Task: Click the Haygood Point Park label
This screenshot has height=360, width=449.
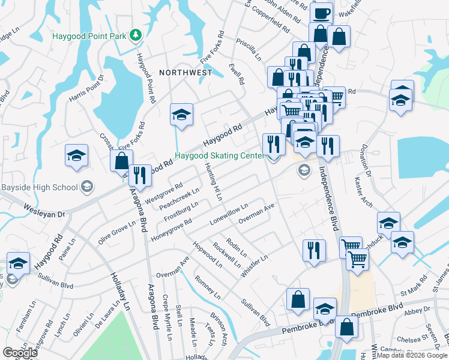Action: [x=88, y=36]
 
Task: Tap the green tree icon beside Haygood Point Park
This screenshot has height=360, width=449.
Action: [x=136, y=36]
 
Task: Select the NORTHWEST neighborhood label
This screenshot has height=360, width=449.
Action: [x=185, y=72]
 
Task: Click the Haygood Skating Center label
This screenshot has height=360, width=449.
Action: [x=219, y=155]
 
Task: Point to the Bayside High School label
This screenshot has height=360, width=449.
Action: [x=39, y=187]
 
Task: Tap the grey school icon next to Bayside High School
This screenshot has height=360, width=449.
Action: [x=87, y=187]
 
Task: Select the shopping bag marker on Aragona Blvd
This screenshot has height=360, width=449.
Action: [x=121, y=161]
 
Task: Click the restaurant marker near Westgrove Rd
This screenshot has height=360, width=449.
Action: [x=140, y=175]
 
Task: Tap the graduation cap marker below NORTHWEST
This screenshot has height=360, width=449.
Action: [x=181, y=115]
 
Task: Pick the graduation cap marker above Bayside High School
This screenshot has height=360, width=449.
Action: [x=77, y=155]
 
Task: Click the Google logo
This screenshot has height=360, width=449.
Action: [x=20, y=353]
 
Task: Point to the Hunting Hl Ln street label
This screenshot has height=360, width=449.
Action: [x=214, y=182]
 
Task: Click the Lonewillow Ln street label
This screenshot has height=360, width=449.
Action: [x=229, y=214]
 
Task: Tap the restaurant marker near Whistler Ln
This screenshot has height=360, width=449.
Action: [x=314, y=250]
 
